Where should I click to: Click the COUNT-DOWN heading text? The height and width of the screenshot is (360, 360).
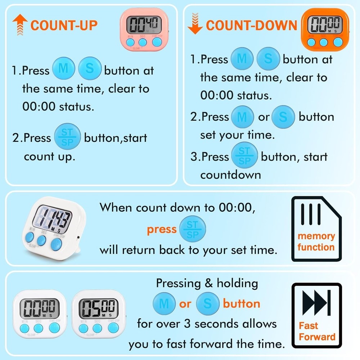click(251, 26)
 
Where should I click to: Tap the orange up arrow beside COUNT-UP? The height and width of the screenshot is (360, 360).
click(20, 24)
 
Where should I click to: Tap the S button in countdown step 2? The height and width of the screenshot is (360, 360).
click(283, 117)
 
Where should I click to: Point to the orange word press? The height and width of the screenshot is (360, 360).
click(161, 229)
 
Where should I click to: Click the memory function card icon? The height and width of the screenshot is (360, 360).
click(316, 229)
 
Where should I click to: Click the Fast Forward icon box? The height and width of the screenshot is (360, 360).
click(316, 316)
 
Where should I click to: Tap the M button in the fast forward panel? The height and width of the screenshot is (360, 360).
click(164, 303)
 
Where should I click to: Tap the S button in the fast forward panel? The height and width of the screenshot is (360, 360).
click(207, 303)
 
